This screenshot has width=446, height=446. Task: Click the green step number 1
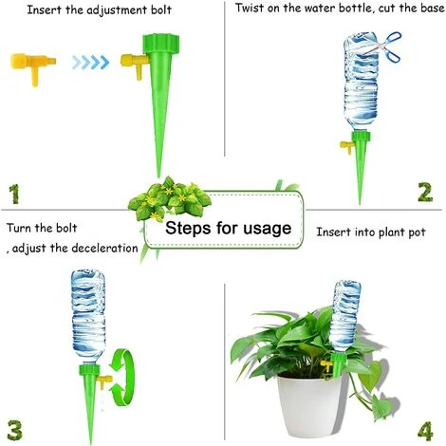tap(14, 194)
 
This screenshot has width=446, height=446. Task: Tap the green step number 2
tap(425, 193)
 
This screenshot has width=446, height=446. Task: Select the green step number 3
tap(15, 430)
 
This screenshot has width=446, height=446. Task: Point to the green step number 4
tap(425, 432)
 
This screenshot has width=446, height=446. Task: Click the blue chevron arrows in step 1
tap(90, 63)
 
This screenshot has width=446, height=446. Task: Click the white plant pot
tap(311, 405)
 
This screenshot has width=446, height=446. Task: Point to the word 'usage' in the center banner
tap(267, 229)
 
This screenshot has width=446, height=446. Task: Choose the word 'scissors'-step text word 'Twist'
tap(250, 8)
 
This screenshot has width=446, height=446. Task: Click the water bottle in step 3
tap(87, 316)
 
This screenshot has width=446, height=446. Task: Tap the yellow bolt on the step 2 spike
tap(346, 147)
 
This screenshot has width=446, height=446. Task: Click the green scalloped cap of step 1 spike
tap(161, 44)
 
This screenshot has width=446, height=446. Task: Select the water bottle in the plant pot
tap(345, 316)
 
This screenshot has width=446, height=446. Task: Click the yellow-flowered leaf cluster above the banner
tap(169, 199)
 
